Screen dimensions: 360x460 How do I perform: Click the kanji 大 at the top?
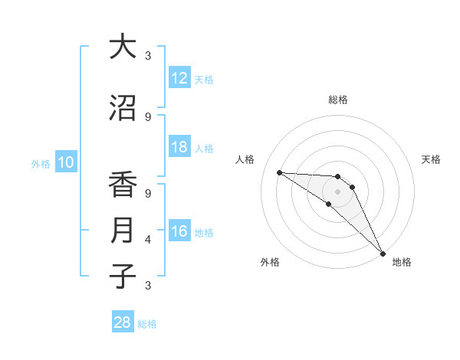click(x=123, y=47)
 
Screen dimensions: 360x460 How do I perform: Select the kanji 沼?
click(x=123, y=109)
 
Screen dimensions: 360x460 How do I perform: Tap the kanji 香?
click(x=123, y=185)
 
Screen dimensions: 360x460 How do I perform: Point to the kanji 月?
click(x=123, y=231)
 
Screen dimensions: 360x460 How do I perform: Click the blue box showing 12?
click(x=179, y=78)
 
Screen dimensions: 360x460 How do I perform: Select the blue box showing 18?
click(x=179, y=147)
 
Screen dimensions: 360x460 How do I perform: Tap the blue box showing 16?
click(x=179, y=231)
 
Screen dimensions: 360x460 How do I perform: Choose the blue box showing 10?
click(x=66, y=162)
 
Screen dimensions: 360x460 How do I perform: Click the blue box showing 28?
click(x=123, y=323)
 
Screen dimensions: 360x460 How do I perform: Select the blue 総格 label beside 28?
click(x=147, y=324)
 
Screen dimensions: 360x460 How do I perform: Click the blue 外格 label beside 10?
click(x=41, y=163)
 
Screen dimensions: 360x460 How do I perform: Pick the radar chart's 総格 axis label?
click(x=337, y=100)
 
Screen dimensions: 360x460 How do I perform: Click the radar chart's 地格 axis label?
click(x=402, y=262)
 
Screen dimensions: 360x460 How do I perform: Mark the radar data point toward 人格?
click(x=279, y=172)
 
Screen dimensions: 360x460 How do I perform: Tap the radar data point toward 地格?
click(x=383, y=254)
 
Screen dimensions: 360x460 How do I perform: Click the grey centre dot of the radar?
click(x=337, y=191)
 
